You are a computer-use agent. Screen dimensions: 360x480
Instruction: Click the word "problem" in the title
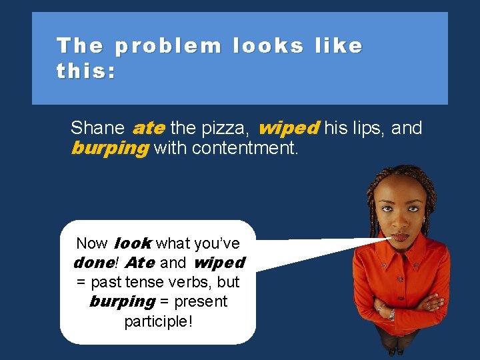tap(168, 47)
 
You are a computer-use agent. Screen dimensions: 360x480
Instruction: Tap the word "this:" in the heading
tap(86, 71)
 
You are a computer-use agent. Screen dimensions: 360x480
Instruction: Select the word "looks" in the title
tap(267, 47)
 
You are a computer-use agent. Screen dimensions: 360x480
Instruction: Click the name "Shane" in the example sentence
tap(97, 128)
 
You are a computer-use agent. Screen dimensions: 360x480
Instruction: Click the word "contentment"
tap(243, 148)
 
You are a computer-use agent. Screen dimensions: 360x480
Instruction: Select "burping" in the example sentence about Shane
tap(109, 148)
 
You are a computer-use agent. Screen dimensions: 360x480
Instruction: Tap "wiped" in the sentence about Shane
tap(289, 127)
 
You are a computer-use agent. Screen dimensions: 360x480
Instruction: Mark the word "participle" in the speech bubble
tap(156, 321)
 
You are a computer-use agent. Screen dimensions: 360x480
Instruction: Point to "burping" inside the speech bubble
tap(122, 302)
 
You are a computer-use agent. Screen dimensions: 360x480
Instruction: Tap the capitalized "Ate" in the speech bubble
tap(140, 263)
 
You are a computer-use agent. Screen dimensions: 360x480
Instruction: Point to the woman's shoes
tap(397, 351)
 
